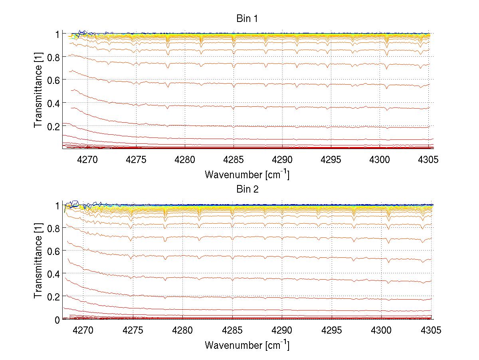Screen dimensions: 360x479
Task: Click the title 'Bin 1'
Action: click(x=247, y=19)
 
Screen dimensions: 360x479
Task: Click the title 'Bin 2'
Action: click(x=247, y=189)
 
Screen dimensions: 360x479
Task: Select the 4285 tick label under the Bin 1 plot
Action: click(x=234, y=160)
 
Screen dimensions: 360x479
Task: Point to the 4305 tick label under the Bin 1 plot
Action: click(x=429, y=160)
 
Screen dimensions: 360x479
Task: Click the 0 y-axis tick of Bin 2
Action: click(x=57, y=320)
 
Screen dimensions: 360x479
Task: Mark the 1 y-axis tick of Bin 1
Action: click(x=57, y=34)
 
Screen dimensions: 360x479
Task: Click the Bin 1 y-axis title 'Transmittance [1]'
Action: click(x=38, y=91)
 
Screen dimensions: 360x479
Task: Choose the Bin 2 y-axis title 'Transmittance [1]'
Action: click(x=38, y=262)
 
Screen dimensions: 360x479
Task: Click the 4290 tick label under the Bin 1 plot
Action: click(x=283, y=160)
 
